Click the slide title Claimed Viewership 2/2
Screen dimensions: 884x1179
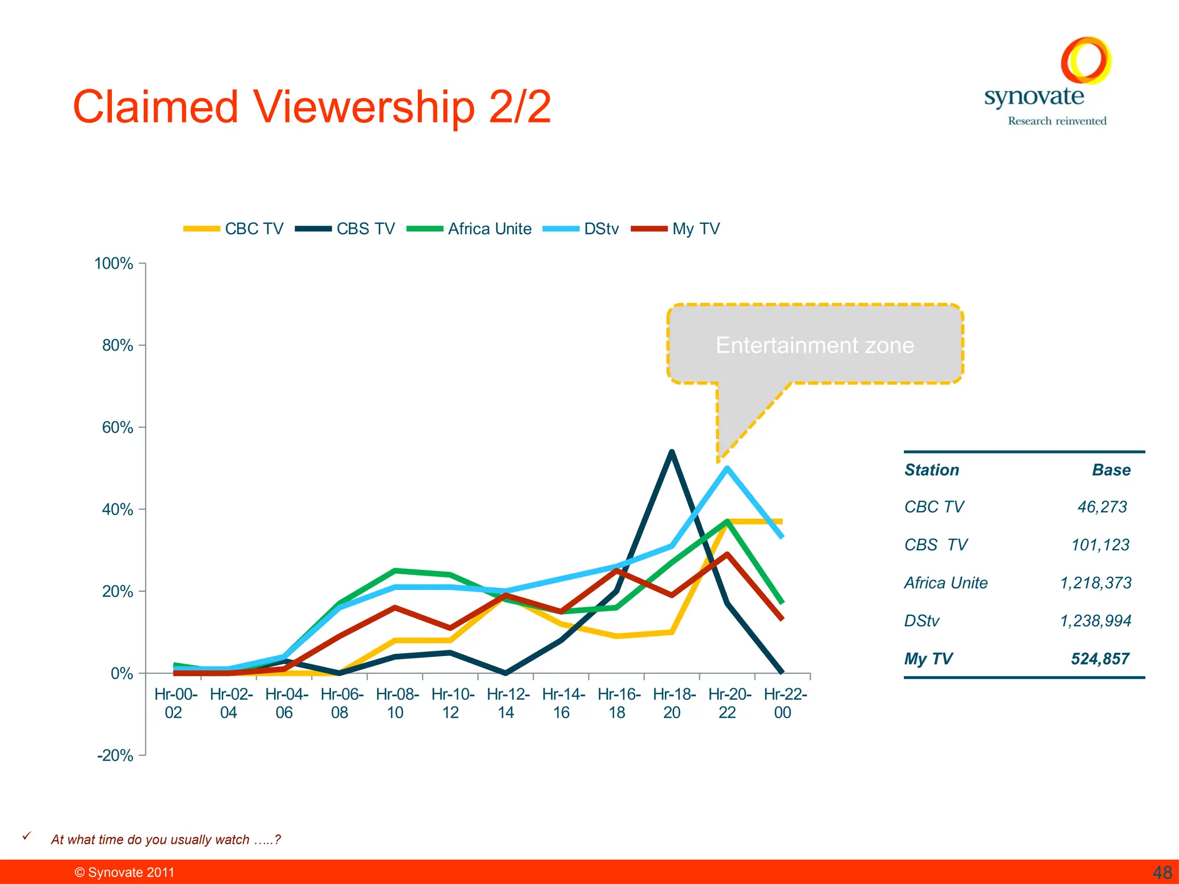[312, 107]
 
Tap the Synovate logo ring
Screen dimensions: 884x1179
[1086, 60]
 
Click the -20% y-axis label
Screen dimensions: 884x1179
[115, 756]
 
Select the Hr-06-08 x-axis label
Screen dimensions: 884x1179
[340, 703]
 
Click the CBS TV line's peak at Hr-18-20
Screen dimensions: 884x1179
[672, 452]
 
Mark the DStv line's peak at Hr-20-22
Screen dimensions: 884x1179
[728, 468]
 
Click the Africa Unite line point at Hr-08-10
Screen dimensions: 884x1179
[395, 571]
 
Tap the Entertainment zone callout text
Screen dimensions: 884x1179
[815, 345]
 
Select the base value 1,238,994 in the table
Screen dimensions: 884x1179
[1096, 621]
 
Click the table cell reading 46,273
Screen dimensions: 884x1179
[1102, 507]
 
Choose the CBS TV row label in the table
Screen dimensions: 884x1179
[936, 545]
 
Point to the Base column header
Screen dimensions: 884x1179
[1111, 470]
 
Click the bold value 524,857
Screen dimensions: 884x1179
[1100, 659]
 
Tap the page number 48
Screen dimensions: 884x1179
[1162, 872]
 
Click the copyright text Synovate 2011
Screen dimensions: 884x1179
[125, 872]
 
